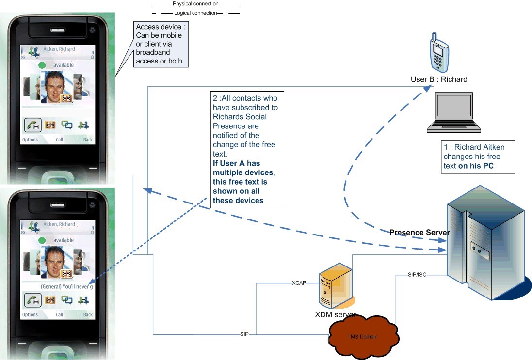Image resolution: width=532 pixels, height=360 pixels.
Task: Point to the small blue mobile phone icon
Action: coord(438,53)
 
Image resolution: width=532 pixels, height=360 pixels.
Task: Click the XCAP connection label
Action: coord(299,282)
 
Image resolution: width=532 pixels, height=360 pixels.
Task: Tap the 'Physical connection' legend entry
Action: coord(196,3)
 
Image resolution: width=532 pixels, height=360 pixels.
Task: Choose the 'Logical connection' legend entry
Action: coord(195,13)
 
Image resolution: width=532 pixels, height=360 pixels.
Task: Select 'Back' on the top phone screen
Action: coord(88,140)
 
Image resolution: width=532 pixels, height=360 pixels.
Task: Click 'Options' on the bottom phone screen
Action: coord(30,314)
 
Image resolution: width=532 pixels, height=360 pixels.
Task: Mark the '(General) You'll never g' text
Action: coord(66,287)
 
